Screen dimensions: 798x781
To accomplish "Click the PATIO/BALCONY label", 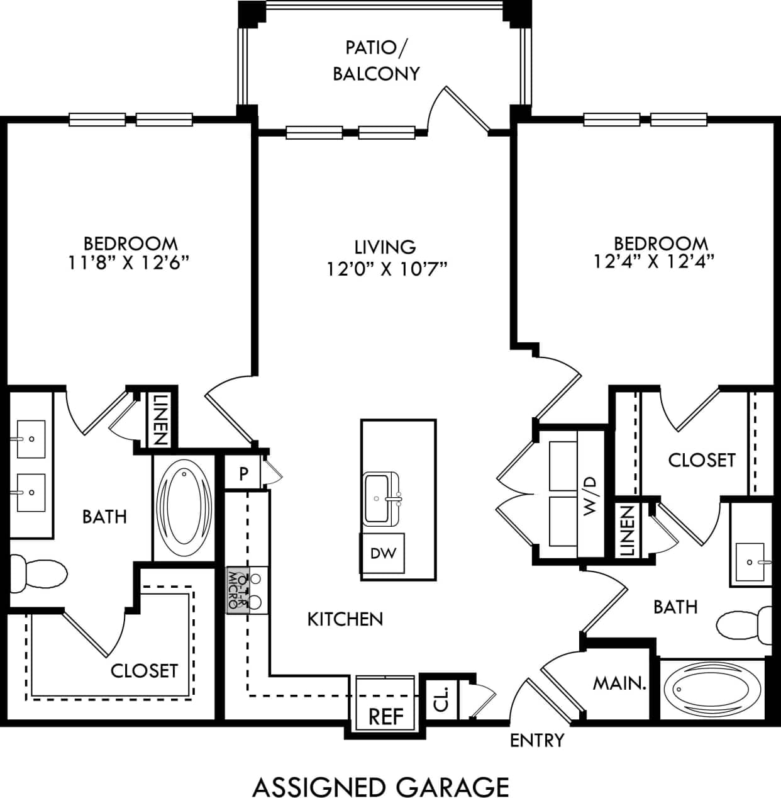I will [375, 60].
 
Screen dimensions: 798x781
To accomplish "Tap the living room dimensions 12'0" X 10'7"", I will [385, 269].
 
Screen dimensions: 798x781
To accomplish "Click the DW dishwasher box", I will [383, 553].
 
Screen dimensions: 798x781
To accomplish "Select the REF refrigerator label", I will [385, 716].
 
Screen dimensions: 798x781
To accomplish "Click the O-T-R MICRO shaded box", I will [237, 590].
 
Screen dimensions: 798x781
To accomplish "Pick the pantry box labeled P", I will [244, 473].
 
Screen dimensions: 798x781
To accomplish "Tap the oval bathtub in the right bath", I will [708, 689].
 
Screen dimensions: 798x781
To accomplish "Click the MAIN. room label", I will [619, 683].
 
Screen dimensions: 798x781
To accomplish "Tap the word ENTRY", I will [536, 740].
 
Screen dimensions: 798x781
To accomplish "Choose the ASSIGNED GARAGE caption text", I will [380, 787].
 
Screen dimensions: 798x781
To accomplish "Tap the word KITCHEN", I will [345, 619].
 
